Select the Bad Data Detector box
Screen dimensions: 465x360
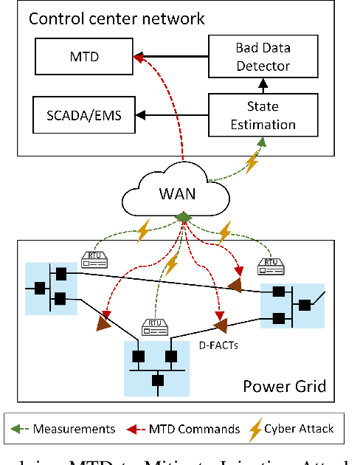253,55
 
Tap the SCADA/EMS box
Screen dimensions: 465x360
78,116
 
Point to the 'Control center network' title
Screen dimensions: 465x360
117,17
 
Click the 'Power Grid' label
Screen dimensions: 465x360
284,385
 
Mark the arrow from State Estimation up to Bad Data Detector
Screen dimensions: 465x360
253,86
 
